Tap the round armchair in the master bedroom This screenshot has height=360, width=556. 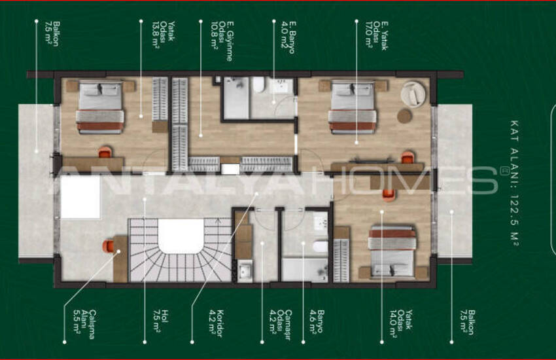point(413,92)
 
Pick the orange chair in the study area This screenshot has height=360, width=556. point(109,245)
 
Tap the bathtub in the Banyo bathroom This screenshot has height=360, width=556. point(304,269)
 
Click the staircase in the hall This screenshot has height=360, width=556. point(180,252)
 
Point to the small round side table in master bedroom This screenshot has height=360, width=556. point(405,116)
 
